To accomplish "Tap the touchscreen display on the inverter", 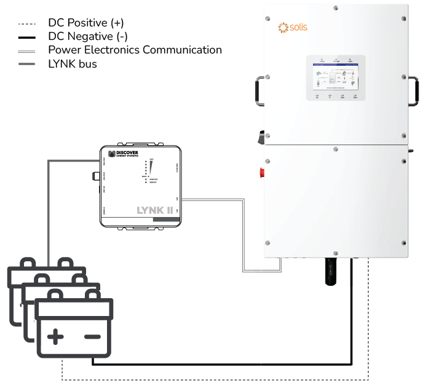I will [x=335, y=78].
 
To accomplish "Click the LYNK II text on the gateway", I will [x=156, y=210].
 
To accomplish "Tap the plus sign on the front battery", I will [x=56, y=336].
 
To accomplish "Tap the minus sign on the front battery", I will [x=92, y=336].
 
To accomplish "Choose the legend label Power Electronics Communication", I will [x=135, y=50].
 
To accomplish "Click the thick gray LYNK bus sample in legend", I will [x=28, y=65].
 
